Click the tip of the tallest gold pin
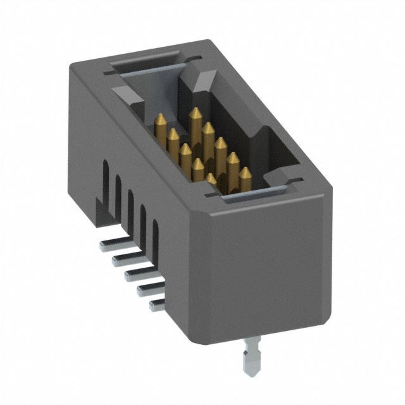(196, 110)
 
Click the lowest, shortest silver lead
(156, 306)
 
